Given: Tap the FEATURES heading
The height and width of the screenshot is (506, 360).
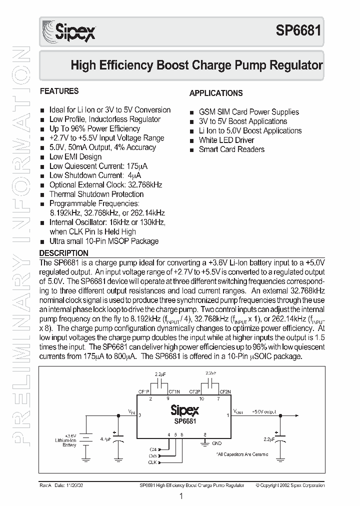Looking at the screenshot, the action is (59, 91).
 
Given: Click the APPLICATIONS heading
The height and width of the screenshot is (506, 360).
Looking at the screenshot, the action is (216, 93).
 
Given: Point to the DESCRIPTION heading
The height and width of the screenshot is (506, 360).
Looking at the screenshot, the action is (63, 253).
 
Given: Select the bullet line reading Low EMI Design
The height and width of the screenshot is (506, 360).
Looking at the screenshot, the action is (75, 156).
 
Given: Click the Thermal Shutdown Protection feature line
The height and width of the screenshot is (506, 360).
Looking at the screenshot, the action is (96, 194).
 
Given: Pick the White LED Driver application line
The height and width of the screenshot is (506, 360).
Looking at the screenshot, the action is (226, 140).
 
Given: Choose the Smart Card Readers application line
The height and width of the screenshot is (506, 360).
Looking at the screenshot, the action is (231, 149).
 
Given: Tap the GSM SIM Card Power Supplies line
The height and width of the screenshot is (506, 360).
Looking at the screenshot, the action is (248, 112).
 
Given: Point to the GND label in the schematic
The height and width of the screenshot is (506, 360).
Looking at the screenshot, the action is (216, 443).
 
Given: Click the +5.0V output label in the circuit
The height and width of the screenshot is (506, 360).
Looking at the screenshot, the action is (263, 412).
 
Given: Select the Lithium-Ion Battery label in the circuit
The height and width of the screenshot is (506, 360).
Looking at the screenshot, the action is (65, 440).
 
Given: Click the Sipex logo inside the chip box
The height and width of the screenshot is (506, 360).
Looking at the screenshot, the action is (184, 410).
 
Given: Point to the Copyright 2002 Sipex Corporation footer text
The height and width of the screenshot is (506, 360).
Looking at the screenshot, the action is (290, 485).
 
